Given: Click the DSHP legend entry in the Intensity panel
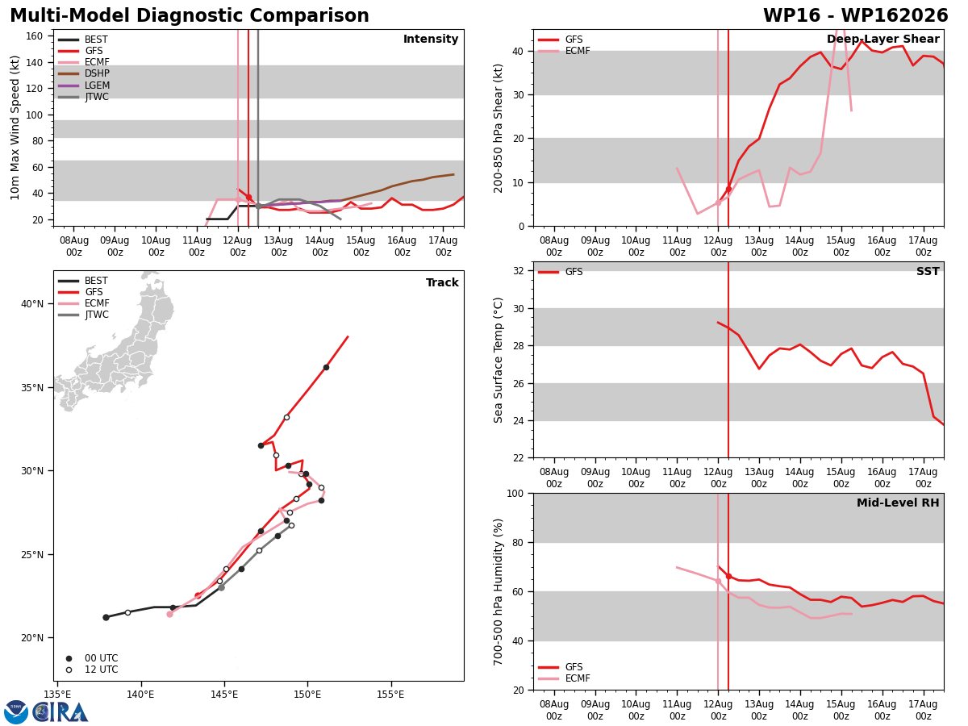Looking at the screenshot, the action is tap(84, 73).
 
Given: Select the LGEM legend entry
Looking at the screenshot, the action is tap(84, 85).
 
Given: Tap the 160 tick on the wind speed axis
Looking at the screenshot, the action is tap(34, 36).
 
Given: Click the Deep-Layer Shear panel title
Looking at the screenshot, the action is tap(882, 39).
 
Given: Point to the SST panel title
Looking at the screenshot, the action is tap(928, 271).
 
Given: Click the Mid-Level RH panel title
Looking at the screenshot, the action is tap(898, 503).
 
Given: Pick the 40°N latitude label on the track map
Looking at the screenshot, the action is tap(32, 304).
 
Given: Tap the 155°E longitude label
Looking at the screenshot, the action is tap(390, 695).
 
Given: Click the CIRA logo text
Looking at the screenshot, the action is tap(60, 712).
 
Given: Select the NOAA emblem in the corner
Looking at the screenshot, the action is tap(16, 712).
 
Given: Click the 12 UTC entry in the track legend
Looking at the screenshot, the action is tap(93, 670).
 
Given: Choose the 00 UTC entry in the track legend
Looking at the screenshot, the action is tap(93, 658).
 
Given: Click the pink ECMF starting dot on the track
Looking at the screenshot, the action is tap(169, 614).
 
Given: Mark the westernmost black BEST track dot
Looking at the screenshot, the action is tap(106, 618).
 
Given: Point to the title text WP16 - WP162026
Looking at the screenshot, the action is tap(856, 15).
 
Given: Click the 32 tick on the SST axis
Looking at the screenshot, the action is tap(518, 271).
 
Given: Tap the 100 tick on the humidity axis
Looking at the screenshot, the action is tap(515, 493).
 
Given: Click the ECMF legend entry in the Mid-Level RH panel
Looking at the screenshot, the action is tap(564, 678).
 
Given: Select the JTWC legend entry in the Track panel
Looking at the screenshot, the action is tap(83, 315).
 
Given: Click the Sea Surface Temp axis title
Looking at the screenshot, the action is tap(498, 360).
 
